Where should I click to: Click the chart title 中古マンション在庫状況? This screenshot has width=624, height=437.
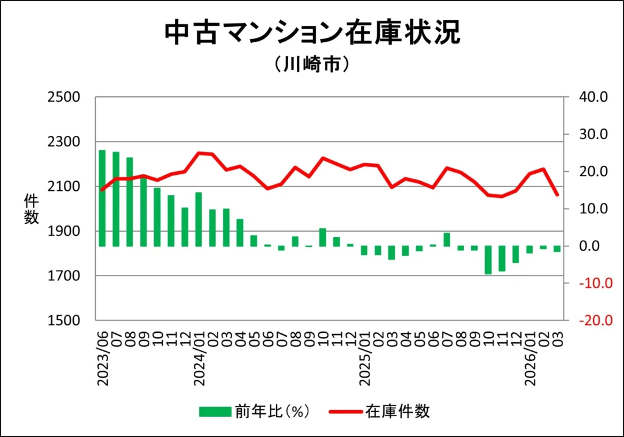pyautogui.click(x=312, y=34)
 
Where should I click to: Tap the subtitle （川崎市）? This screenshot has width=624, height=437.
pyautogui.click(x=311, y=64)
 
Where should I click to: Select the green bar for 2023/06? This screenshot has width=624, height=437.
pyautogui.click(x=102, y=198)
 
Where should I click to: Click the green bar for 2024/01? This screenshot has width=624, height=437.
pyautogui.click(x=199, y=219)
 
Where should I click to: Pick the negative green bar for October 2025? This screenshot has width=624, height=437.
pyautogui.click(x=488, y=260)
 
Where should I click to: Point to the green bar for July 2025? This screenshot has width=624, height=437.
pyautogui.click(x=447, y=240)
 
